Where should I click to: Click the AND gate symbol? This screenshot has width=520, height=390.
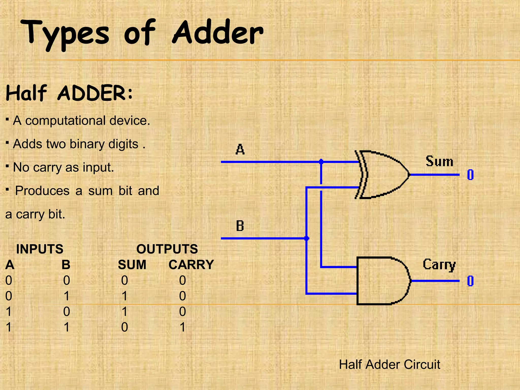point(382,281)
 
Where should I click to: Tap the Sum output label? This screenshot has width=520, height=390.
point(439,161)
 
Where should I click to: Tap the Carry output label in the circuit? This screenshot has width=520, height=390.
point(439,265)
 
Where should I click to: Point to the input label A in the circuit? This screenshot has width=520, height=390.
point(240,149)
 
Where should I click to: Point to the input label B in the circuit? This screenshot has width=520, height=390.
point(240,226)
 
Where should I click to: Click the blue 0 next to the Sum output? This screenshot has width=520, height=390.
point(470,175)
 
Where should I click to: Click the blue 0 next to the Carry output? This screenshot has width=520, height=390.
point(470,281)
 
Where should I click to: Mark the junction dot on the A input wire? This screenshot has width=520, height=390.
point(321,162)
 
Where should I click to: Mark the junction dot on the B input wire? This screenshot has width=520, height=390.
point(307,238)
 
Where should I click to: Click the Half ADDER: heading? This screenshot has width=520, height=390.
point(69,93)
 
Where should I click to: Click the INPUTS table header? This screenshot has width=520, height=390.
point(40,249)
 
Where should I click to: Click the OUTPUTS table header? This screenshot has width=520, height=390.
point(167,249)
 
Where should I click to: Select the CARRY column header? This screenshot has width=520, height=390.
point(191,265)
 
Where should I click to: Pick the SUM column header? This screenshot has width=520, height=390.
point(132,265)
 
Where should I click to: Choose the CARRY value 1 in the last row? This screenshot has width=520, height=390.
point(183,327)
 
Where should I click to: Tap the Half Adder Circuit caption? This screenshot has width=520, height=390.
point(389,364)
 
